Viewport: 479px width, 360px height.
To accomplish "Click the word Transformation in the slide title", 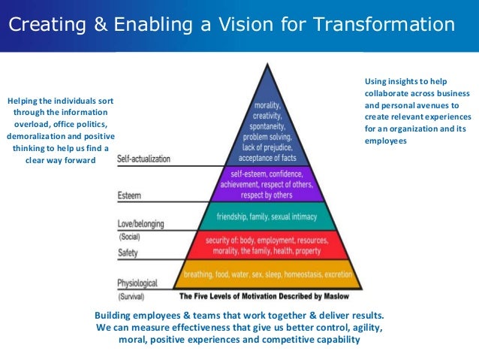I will (x=384, y=25).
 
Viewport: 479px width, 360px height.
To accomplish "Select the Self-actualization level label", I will (x=144, y=159).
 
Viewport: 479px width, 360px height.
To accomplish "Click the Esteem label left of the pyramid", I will (x=129, y=195).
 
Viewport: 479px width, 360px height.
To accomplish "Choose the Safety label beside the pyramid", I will (x=128, y=253).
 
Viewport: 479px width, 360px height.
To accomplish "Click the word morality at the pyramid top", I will (x=268, y=106).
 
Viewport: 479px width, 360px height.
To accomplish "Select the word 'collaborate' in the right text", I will (x=387, y=93).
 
